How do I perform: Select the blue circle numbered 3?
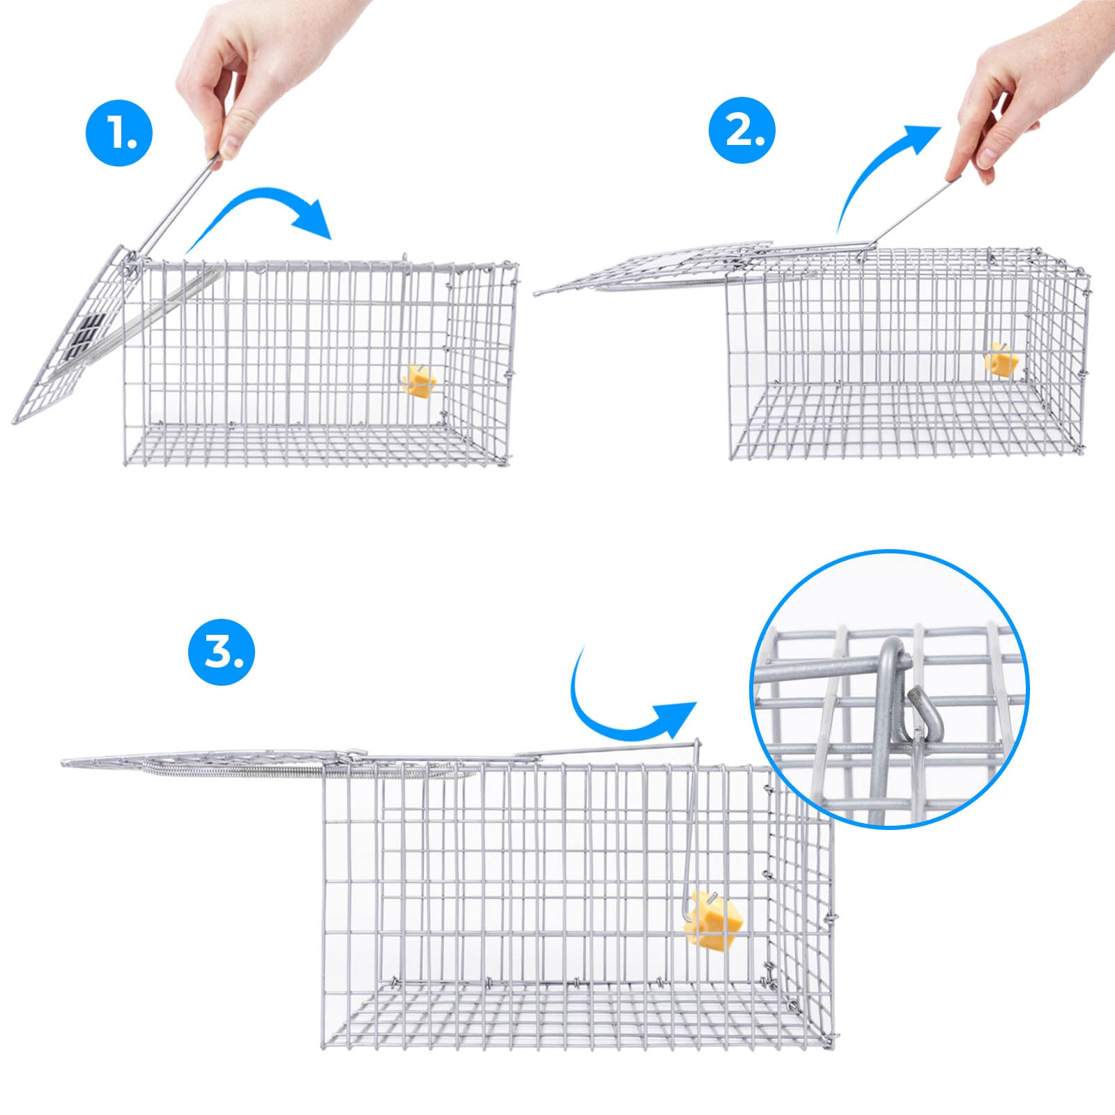222,651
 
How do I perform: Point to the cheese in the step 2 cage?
1002,360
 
